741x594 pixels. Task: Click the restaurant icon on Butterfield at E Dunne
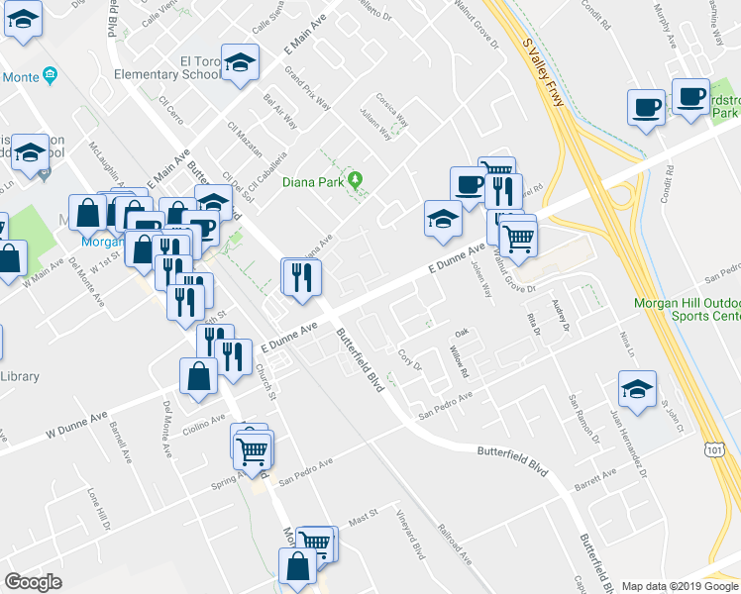click(300, 276)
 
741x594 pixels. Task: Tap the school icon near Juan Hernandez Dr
click(637, 388)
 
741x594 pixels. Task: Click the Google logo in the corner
click(33, 581)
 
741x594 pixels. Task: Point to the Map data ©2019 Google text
click(680, 586)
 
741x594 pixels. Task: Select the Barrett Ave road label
click(594, 475)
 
